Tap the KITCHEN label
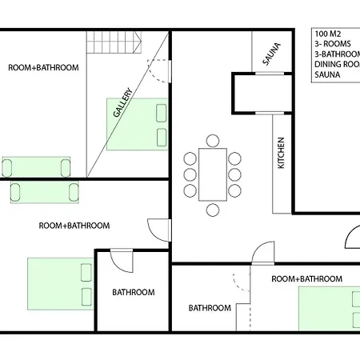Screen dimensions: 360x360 pyautogui.click(x=281, y=153)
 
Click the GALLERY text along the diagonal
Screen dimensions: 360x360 pyautogui.click(x=123, y=103)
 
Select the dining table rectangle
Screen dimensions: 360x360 pyautogui.click(x=213, y=169)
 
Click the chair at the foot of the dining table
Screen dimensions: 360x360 pyautogui.click(x=213, y=210)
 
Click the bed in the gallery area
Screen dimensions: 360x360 pyautogui.click(x=138, y=124)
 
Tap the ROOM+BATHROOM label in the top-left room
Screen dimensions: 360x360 pyautogui.click(x=43, y=68)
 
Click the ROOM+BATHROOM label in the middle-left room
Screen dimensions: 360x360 pyautogui.click(x=74, y=226)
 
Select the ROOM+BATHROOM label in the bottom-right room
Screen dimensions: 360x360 pyautogui.click(x=307, y=278)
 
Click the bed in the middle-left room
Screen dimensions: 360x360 pyautogui.click(x=62, y=284)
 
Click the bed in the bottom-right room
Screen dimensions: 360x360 pyautogui.click(x=329, y=308)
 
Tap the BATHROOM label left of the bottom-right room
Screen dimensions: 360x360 pyautogui.click(x=210, y=308)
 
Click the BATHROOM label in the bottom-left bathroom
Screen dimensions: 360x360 pyautogui.click(x=133, y=292)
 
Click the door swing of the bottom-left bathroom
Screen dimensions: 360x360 pyautogui.click(x=122, y=259)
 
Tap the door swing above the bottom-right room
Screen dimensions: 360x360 pyautogui.click(x=262, y=253)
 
